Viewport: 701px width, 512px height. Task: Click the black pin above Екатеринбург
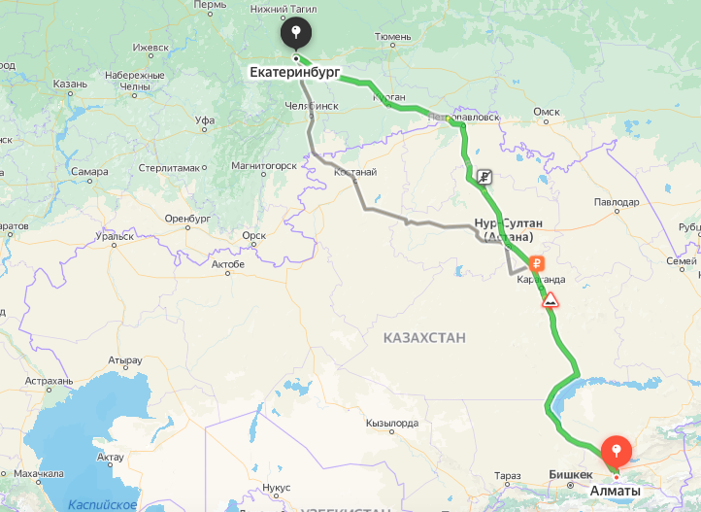[x=295, y=35]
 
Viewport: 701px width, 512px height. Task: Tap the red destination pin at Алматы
[x=617, y=451]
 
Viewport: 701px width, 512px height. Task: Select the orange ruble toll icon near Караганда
[x=535, y=262]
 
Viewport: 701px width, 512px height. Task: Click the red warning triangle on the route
[x=551, y=299]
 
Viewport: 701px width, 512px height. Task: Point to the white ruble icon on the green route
[x=483, y=177]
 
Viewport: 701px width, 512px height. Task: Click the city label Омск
[x=547, y=112]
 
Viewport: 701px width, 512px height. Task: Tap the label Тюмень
[x=392, y=36]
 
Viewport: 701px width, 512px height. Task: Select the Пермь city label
[x=210, y=5]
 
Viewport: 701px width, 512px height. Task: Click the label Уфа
[x=204, y=120]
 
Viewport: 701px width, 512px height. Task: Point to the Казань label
[x=70, y=85]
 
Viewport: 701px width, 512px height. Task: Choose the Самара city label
[x=88, y=172]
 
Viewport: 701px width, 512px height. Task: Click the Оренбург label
[x=187, y=218]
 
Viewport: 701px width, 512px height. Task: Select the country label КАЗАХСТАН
[x=424, y=337]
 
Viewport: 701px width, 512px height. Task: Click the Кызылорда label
[x=392, y=423]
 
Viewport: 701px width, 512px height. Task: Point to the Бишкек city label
[x=571, y=474]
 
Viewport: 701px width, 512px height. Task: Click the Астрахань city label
[x=50, y=381]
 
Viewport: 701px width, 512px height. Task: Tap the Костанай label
[x=354, y=172]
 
